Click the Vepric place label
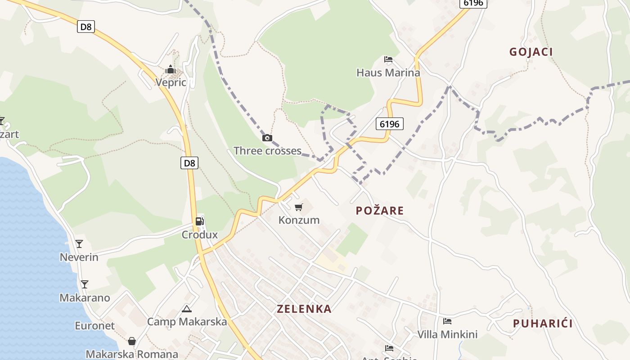click(171, 82)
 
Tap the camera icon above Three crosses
click(267, 138)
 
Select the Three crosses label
click(267, 151)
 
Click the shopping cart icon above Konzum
click(298, 207)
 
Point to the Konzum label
click(299, 220)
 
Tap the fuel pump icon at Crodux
click(199, 221)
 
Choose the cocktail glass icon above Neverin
click(79, 244)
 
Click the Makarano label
click(85, 298)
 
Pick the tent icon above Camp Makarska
click(187, 309)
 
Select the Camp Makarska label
click(187, 322)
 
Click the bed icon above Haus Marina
click(388, 59)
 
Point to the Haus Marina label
click(388, 72)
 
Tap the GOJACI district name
click(531, 52)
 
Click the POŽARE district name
click(380, 211)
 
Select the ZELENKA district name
click(304, 309)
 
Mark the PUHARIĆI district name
click(543, 324)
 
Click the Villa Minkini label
click(447, 334)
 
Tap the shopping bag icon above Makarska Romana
click(132, 341)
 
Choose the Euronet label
click(94, 326)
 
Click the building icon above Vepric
click(171, 69)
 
